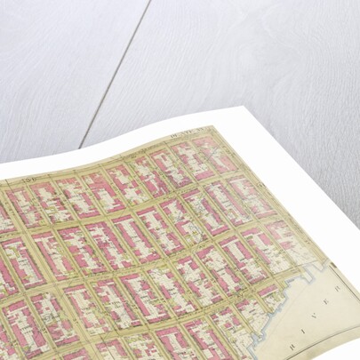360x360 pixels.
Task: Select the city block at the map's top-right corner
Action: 208,148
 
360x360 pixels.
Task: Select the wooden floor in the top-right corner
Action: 329,27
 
